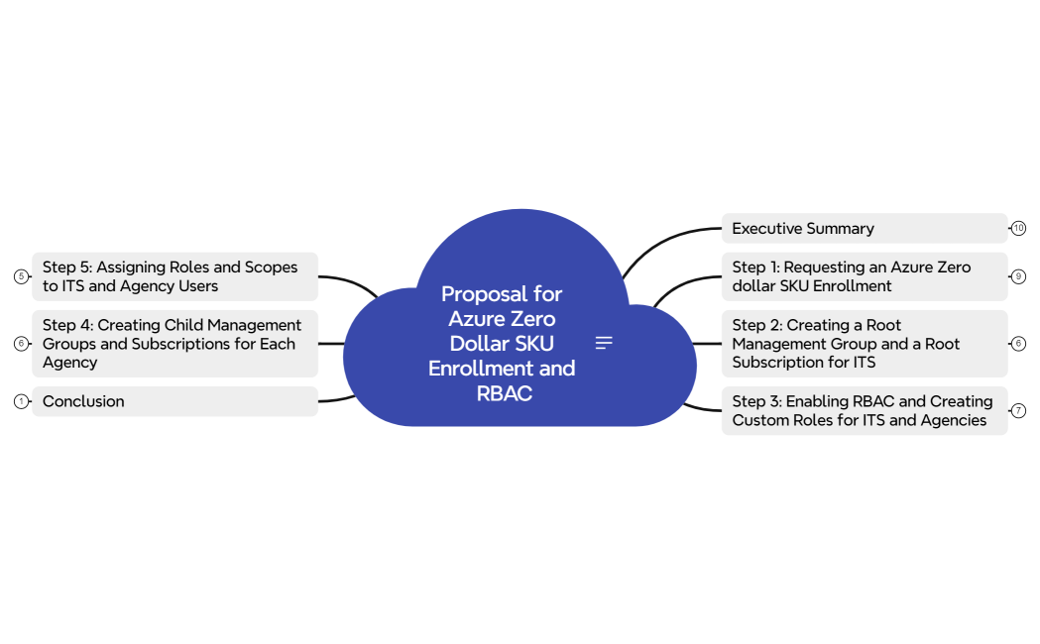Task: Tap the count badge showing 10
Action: (1018, 228)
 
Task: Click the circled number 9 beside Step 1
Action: (1018, 276)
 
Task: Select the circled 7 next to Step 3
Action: (1018, 410)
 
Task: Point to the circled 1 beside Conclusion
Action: (21, 401)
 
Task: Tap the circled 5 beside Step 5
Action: (21, 276)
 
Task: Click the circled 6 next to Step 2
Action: (1018, 344)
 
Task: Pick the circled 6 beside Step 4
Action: (21, 344)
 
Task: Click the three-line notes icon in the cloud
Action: (604, 343)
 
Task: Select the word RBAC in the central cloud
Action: (504, 393)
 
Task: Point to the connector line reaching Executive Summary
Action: (664, 238)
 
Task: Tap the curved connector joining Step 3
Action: (702, 407)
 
